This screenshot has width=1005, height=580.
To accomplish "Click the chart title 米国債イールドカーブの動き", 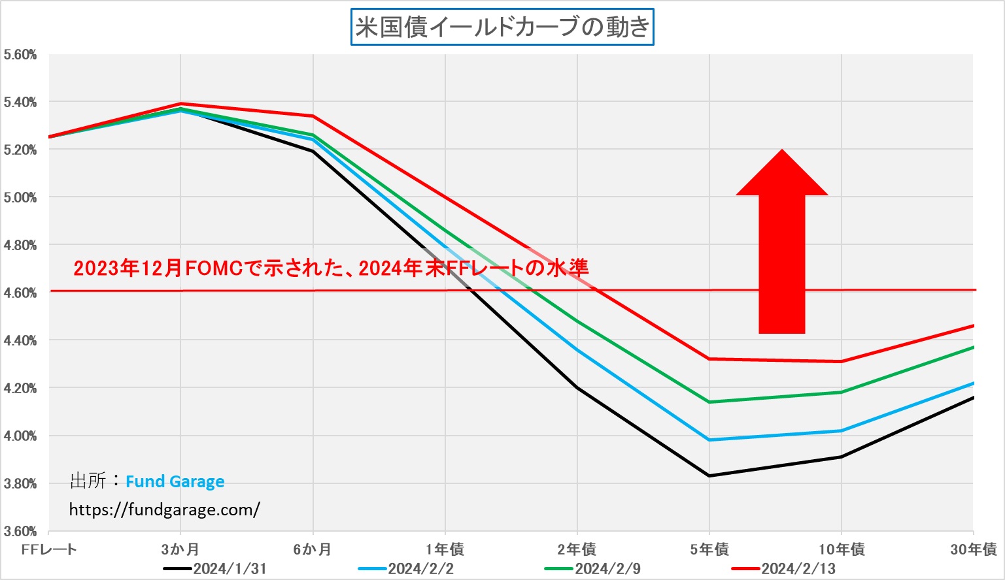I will (x=502, y=27).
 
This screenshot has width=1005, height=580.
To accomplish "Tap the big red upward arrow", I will (x=782, y=248).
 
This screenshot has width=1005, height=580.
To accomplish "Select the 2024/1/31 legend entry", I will (x=216, y=568).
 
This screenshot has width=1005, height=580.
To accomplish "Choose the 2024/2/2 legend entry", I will (x=407, y=568).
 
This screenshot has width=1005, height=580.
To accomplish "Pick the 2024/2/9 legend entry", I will (x=593, y=568).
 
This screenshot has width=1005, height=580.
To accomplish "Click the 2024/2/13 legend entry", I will (x=784, y=568).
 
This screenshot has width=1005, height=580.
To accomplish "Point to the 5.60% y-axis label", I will (x=20, y=55).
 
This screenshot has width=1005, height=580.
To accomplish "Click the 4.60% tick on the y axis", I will (x=20, y=293).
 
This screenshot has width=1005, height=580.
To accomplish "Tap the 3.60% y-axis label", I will (x=20, y=531).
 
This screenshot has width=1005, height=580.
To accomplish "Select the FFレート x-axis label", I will (x=49, y=549).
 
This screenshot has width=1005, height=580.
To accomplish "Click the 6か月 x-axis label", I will (x=313, y=549).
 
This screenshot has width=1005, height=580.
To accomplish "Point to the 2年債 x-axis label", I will (x=577, y=549).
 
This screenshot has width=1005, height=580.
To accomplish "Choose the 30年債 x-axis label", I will (x=973, y=549).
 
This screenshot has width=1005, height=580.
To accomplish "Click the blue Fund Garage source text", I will (x=175, y=481).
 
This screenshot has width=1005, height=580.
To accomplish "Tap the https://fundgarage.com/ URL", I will (x=164, y=509).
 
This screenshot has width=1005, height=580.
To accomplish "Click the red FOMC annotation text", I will (x=331, y=268).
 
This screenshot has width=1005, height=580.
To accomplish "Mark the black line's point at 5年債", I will (x=709, y=475).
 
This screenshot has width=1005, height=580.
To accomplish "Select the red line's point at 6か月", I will (x=313, y=116).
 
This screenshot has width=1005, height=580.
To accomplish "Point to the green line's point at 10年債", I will (x=842, y=392).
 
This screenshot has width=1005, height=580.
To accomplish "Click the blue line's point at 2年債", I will (x=577, y=350).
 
